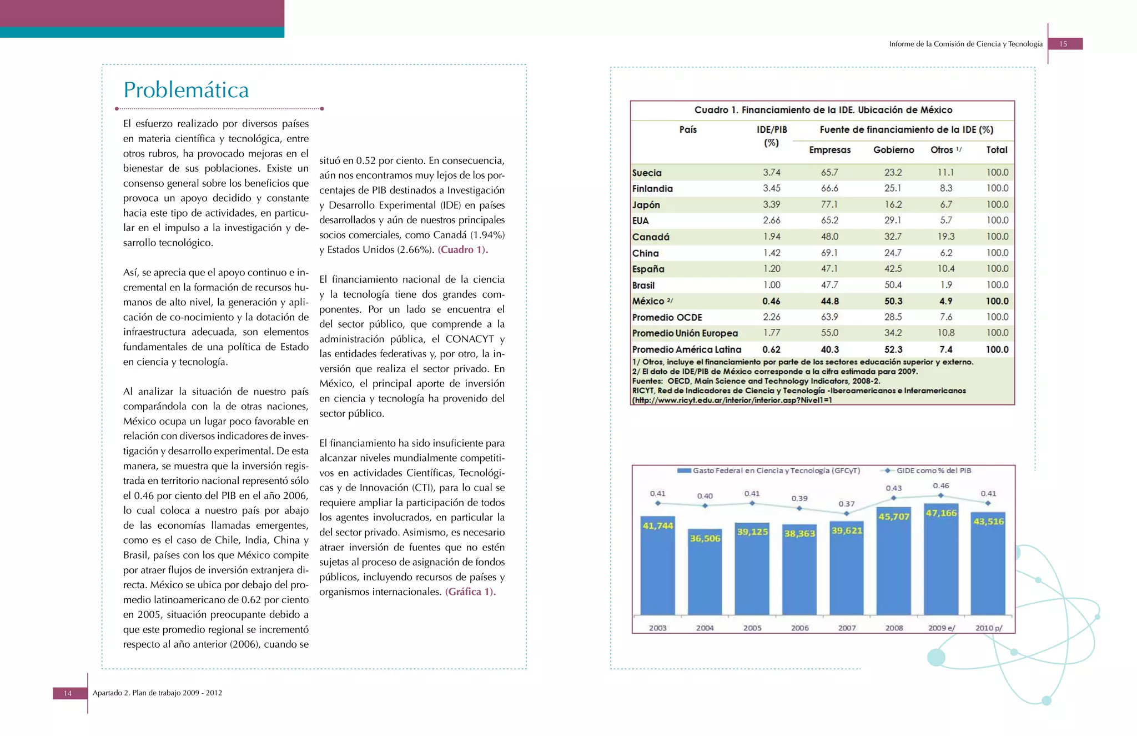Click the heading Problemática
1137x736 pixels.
186,90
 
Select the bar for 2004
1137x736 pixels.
705,572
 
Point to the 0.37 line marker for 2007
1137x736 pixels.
847,514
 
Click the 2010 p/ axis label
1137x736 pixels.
989,628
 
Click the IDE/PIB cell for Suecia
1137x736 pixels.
771,173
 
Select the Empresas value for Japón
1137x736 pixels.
829,204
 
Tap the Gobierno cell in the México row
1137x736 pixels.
893,301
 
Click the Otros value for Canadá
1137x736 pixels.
945,237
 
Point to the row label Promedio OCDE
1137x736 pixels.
667,317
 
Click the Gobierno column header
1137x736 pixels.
893,150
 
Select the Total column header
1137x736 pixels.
997,150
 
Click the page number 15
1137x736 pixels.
1063,44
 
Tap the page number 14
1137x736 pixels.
68,693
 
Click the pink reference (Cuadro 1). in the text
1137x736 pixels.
462,250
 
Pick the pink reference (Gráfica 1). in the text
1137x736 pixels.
470,592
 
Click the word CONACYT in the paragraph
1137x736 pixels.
469,339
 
